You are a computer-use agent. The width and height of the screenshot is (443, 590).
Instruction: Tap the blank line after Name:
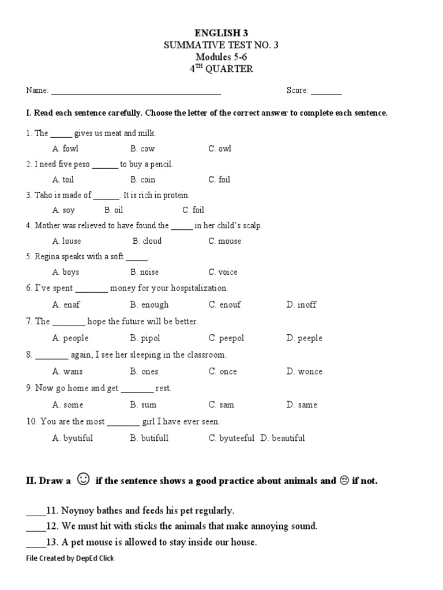tap(136, 91)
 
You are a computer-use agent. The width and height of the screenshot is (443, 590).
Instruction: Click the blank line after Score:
tap(326, 91)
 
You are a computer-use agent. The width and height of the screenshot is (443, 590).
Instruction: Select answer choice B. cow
tap(142, 149)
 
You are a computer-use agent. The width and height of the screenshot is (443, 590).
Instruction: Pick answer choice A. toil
tap(63, 180)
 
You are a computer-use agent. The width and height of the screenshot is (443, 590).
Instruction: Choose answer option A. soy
tap(63, 210)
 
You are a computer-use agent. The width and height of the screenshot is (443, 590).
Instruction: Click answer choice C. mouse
tap(225, 241)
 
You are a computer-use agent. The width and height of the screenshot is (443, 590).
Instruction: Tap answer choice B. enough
tap(149, 305)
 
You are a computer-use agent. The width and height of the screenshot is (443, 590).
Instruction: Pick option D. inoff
tap(301, 305)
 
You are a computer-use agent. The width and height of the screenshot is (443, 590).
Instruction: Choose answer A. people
tap(70, 338)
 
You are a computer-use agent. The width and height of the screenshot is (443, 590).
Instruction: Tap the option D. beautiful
tap(283, 438)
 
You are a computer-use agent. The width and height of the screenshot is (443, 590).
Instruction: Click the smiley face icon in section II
tap(84, 479)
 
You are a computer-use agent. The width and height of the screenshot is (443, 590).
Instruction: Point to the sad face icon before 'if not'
tap(344, 481)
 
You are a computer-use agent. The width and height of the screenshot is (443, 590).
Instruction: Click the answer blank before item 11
tap(35, 511)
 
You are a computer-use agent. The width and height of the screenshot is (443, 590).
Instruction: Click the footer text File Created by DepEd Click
tap(70, 558)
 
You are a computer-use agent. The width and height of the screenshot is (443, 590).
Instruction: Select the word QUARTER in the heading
tap(234, 70)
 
